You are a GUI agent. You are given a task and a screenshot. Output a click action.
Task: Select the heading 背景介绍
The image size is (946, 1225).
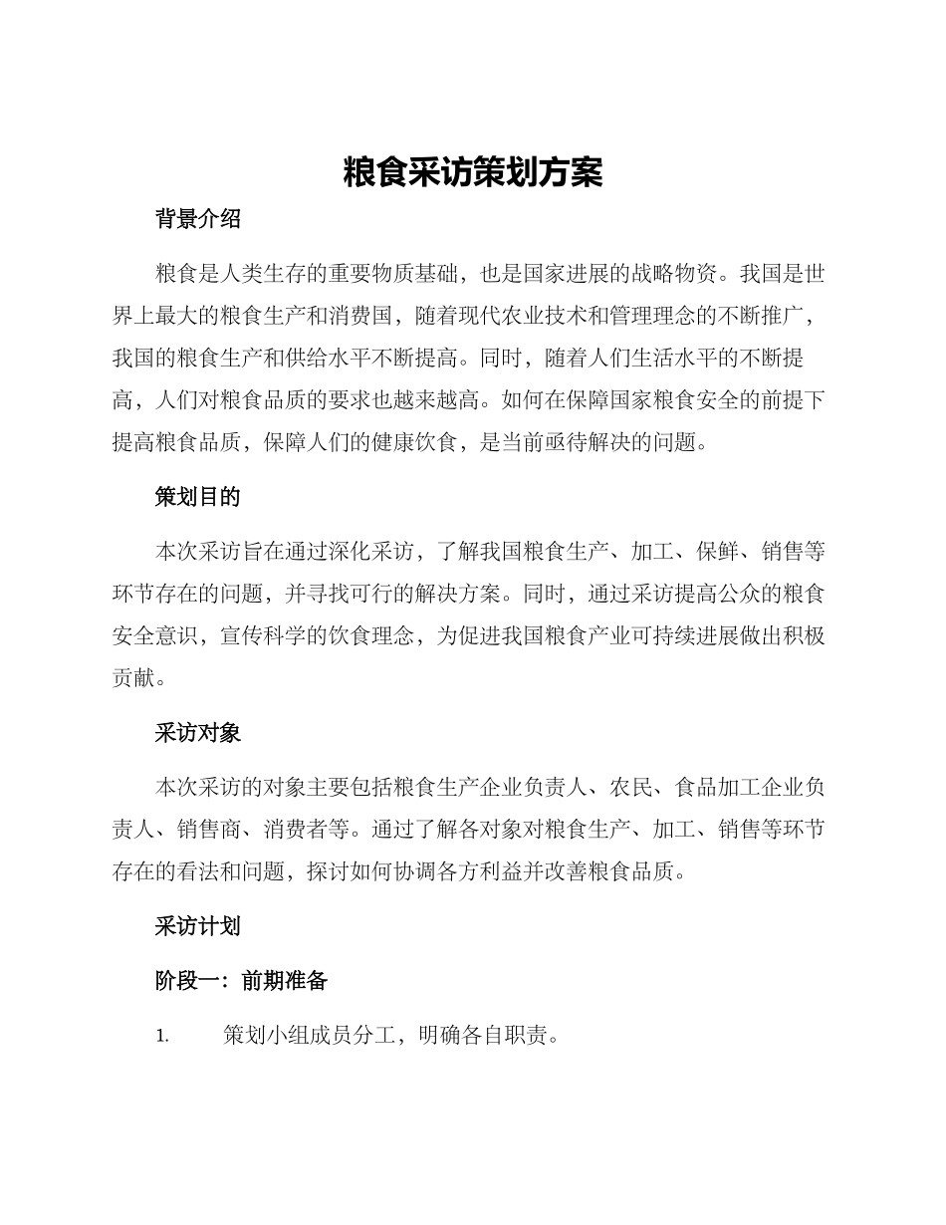(x=197, y=220)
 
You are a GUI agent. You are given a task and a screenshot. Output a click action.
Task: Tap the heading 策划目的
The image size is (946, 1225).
(x=197, y=497)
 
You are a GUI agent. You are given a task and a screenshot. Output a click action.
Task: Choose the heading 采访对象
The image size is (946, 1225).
(x=197, y=733)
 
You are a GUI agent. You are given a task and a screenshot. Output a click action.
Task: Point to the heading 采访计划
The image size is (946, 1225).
(x=197, y=926)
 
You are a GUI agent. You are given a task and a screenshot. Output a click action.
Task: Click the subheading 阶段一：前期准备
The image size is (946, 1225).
(x=241, y=981)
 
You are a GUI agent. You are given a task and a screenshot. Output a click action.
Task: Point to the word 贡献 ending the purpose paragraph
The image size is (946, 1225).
(x=132, y=678)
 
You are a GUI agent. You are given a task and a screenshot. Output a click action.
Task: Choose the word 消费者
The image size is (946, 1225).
(x=306, y=830)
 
